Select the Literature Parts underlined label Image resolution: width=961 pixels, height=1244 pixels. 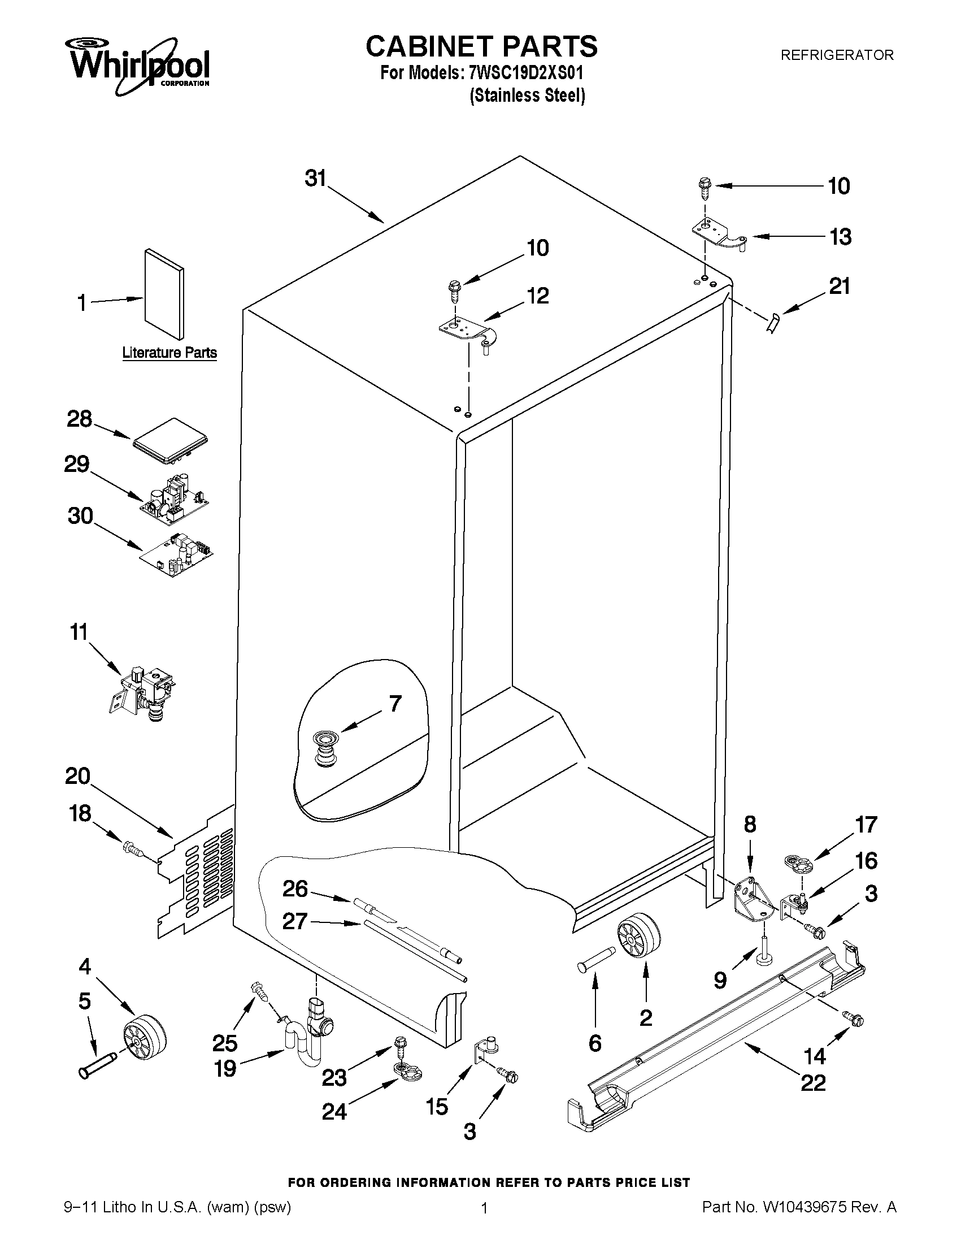pos(169,353)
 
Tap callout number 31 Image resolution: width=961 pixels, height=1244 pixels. pos(315,179)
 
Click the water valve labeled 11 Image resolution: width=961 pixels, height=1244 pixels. pos(142,692)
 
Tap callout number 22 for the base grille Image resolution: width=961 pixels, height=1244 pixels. pos(813,1082)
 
